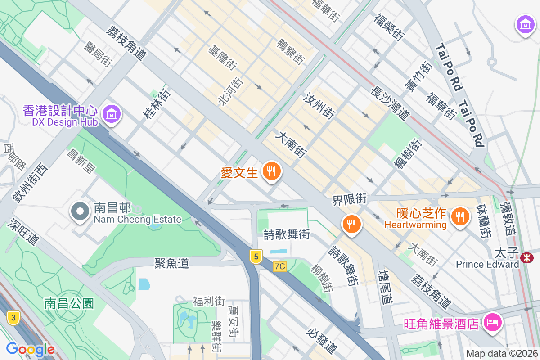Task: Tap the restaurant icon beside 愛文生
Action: (271, 171)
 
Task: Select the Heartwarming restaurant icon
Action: (459, 216)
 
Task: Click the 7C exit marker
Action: (279, 266)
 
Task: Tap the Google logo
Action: (30, 349)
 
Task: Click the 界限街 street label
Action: (350, 198)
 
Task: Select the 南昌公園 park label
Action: (69, 303)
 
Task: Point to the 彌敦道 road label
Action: (508, 218)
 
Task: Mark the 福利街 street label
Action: (209, 301)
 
